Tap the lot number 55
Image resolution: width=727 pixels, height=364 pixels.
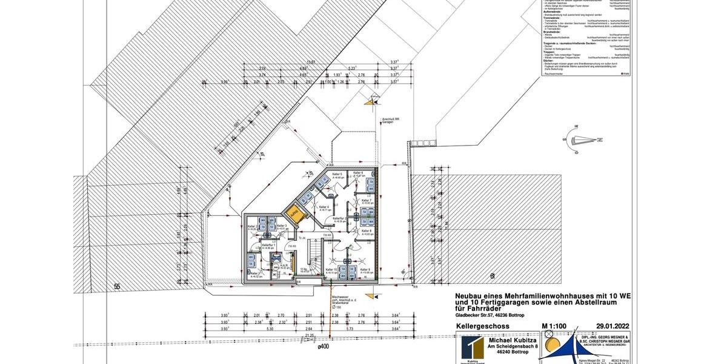pos(118,285)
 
